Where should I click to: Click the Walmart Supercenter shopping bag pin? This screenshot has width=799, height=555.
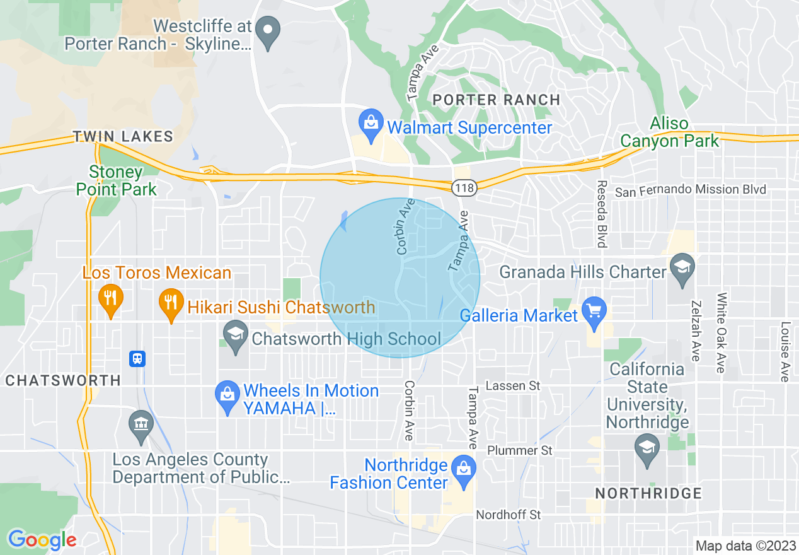(371, 125)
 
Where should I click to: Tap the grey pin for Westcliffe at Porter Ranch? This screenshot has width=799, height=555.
(269, 32)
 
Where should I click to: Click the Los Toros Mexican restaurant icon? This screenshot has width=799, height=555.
(111, 299)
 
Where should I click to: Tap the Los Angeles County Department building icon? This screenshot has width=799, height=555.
(141, 424)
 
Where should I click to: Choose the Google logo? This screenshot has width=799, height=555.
(42, 540)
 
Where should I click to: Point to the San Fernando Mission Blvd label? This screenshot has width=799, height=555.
(690, 190)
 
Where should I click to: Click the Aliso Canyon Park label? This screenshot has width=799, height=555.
(669, 132)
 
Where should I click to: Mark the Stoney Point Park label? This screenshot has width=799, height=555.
(116, 180)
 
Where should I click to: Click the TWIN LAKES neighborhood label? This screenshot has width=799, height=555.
(123, 136)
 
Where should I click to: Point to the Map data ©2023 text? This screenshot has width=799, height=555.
(745, 546)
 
